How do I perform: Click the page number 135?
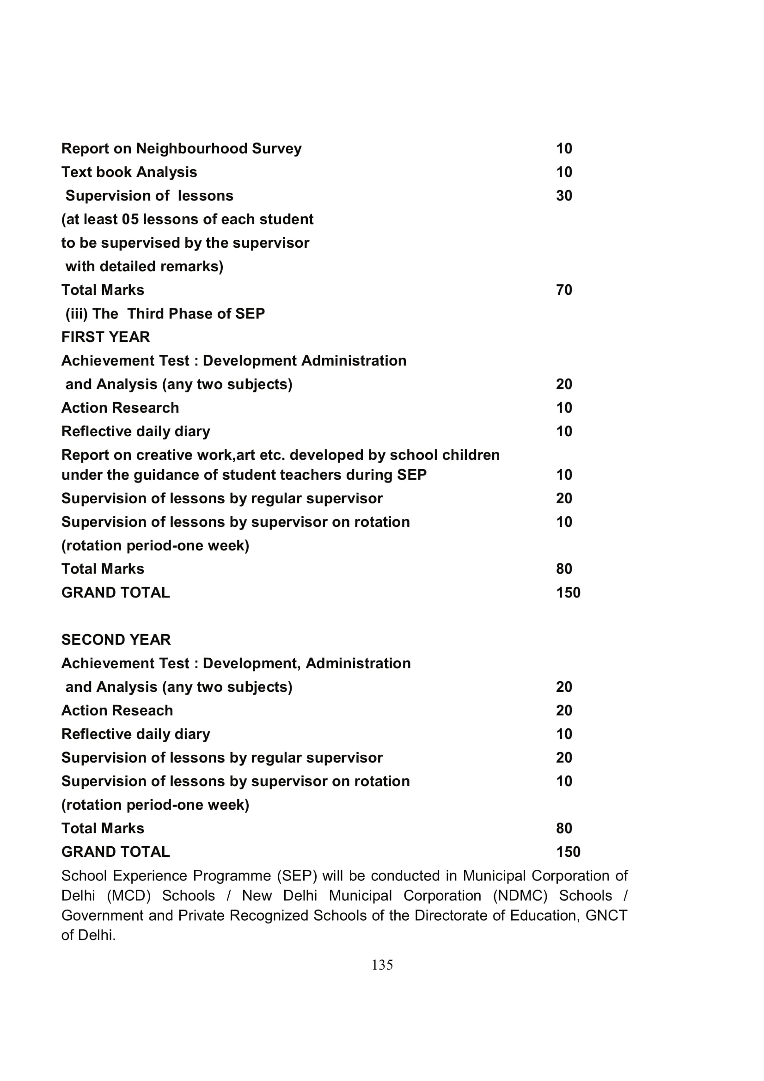[382, 965]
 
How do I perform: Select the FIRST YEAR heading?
[105, 337]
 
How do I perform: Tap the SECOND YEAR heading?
[116, 640]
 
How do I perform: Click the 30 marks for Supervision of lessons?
[564, 196]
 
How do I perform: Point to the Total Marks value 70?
[564, 290]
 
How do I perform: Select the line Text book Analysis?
[129, 172]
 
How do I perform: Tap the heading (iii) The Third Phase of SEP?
[165, 313]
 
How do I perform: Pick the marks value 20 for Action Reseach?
[564, 710]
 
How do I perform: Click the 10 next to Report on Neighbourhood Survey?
[564, 149]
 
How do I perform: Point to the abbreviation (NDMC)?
[520, 896]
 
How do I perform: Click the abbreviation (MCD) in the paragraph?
[128, 896]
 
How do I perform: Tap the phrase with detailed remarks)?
[144, 267]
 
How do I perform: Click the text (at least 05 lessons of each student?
[187, 220]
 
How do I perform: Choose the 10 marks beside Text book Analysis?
[564, 172]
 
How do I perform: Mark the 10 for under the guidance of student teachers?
[564, 475]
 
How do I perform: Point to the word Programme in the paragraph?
[232, 876]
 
